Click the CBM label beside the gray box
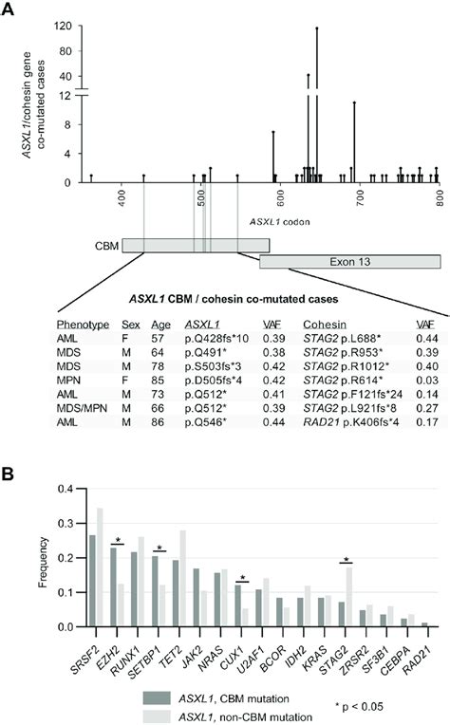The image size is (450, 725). pyautogui.click(x=107, y=245)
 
